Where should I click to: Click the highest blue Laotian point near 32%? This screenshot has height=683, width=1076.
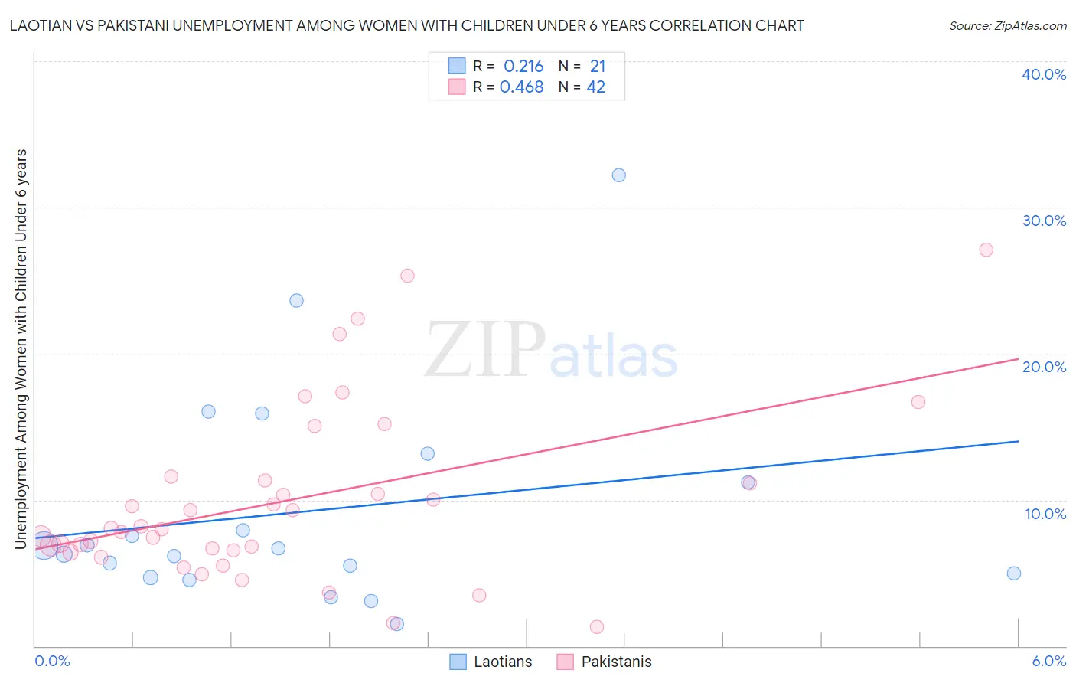618,175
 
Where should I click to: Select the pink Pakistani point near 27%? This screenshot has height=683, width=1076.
986,250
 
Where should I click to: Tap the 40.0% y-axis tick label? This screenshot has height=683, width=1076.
1043,74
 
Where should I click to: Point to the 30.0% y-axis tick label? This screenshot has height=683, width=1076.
1043,221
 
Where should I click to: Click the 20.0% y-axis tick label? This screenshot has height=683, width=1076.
1043,367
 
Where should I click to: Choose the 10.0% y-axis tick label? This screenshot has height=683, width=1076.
1045,514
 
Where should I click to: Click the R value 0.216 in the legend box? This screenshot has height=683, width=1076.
523,66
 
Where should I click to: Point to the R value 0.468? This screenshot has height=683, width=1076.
521,87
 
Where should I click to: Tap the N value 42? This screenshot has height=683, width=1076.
595,87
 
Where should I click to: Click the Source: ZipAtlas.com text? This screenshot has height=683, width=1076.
1007,25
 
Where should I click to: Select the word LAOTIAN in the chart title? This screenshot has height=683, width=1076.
41,25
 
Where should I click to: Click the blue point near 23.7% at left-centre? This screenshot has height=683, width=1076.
296,300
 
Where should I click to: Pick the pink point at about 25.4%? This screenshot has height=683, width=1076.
407,276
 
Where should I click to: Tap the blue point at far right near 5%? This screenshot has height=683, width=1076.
1013,574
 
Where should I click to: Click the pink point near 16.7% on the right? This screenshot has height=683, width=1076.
918,402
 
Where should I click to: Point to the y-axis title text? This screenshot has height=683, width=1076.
21,348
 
